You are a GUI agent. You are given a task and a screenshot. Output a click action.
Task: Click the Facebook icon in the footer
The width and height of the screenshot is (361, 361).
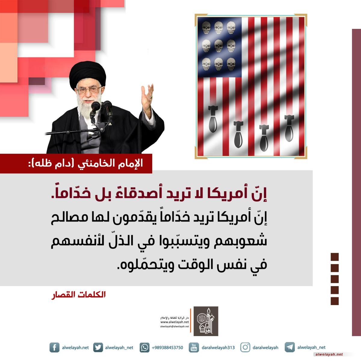pyautogui.click(x=54, y=347)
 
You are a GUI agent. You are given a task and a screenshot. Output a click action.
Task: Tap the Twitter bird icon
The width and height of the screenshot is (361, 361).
pyautogui.click(x=98, y=347)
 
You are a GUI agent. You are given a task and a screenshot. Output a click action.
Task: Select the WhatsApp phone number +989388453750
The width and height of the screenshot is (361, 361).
pyautogui.click(x=167, y=347)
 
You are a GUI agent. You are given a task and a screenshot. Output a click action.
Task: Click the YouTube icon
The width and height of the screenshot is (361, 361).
pyautogui.click(x=194, y=347)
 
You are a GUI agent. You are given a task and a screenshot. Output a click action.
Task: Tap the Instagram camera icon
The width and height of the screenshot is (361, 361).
pyautogui.click(x=245, y=347)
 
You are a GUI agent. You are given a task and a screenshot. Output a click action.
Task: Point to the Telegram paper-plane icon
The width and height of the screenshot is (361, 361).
pyautogui.click(x=290, y=347)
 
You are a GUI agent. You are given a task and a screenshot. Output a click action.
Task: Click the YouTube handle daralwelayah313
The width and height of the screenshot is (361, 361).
pyautogui.click(x=218, y=347)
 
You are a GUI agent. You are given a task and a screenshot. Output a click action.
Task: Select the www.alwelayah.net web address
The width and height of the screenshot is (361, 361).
pyautogui.click(x=174, y=322)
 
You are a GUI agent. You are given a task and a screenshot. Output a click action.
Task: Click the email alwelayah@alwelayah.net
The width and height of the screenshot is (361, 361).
pyautogui.click(x=174, y=326)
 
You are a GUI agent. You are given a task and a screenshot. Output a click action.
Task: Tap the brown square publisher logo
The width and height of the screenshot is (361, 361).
pyautogui.click(x=206, y=321)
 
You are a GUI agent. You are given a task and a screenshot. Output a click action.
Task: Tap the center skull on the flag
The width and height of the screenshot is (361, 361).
pyautogui.click(x=218, y=45)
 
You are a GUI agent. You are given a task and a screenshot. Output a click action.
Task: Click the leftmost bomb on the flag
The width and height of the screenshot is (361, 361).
pyautogui.click(x=213, y=119)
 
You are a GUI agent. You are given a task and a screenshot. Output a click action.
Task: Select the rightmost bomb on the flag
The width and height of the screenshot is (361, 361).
pyautogui.click(x=289, y=128)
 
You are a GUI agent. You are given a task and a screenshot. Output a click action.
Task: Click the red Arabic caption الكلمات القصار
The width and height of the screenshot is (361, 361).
pyautogui.click(x=78, y=295)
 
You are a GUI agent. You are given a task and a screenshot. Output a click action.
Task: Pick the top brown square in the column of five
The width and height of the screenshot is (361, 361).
pyautogui.click(x=335, y=257)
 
